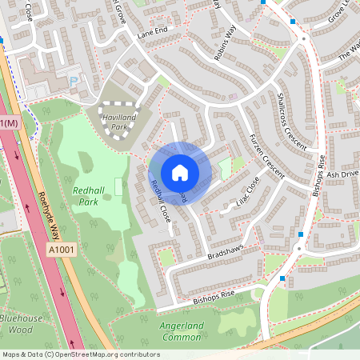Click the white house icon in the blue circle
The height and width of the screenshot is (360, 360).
[x=180, y=172]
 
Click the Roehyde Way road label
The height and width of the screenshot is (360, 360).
[x=50, y=214]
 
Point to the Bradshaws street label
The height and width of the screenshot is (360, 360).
[x=224, y=254]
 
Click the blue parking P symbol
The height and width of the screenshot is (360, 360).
[x=74, y=80]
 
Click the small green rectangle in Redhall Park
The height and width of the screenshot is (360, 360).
[x=118, y=187]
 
